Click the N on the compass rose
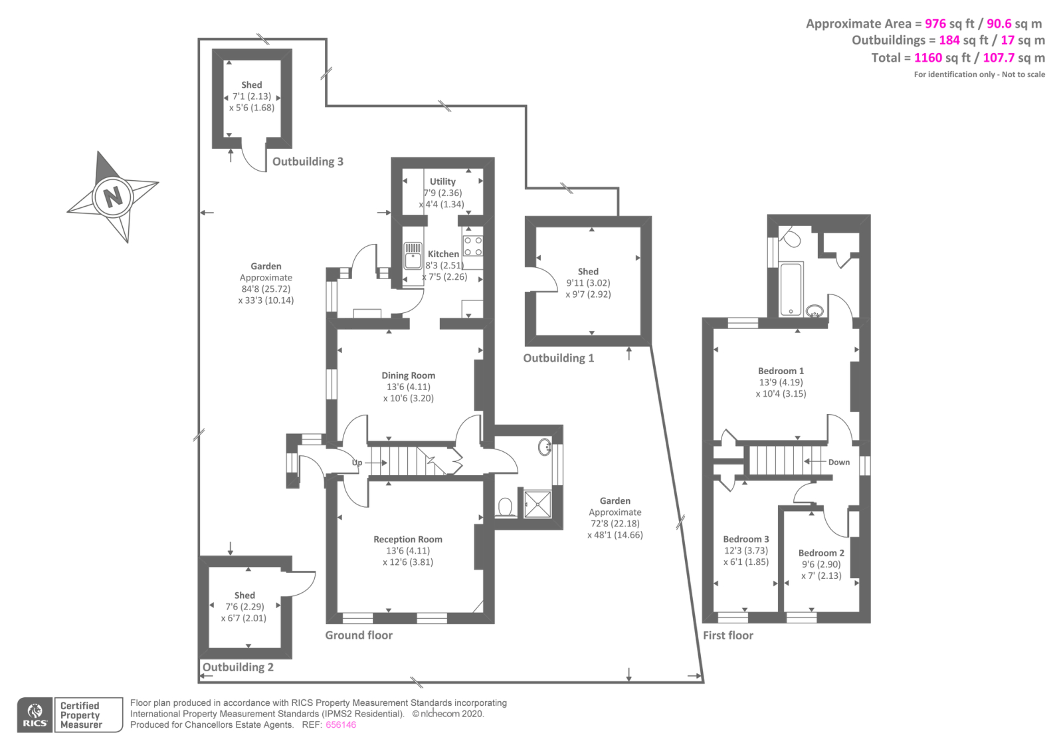point(114,197)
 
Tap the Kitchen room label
point(443,254)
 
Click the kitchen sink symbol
point(413,255)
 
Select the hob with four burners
point(473,246)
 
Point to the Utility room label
point(442,181)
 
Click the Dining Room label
point(408,375)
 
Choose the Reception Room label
point(407,540)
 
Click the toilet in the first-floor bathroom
point(791,237)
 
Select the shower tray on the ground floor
point(537,504)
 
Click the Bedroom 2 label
point(821,553)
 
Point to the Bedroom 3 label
point(746,539)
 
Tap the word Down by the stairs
point(838,462)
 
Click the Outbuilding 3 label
point(308,161)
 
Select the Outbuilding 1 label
point(558,358)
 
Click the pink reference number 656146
point(341,725)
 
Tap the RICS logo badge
point(35,715)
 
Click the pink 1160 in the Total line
point(927,58)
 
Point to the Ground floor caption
point(359,635)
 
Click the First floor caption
point(728,635)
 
